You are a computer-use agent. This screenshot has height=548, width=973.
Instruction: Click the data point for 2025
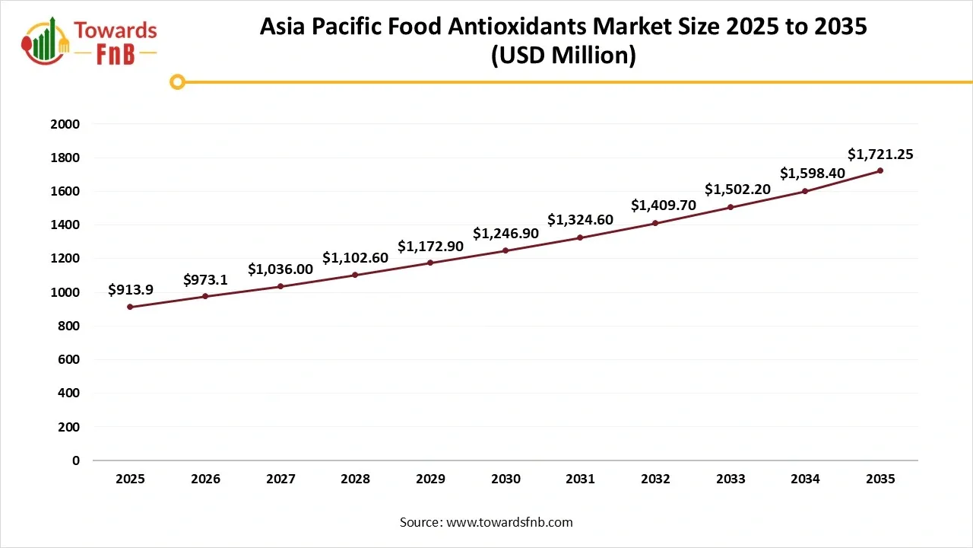[x=130, y=307]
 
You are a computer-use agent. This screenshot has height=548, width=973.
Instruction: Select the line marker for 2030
[x=506, y=250]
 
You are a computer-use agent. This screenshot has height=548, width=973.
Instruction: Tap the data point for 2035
[x=880, y=170]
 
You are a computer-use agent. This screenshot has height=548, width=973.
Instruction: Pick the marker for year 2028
[x=355, y=275]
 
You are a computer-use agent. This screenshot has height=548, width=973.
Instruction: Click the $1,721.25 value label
[x=880, y=155]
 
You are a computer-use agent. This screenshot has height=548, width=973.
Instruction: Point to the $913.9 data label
[x=130, y=289]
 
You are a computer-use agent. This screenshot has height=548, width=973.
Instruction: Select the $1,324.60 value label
[x=580, y=220]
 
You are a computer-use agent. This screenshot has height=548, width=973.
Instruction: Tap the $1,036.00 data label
[x=280, y=269]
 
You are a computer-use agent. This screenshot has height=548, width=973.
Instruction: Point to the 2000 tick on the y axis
[x=65, y=124]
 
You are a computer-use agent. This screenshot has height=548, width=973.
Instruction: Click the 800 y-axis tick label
[x=69, y=326]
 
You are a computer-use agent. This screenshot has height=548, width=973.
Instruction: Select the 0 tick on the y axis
[x=76, y=460]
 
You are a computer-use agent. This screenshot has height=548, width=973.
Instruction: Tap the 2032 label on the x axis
[x=655, y=479]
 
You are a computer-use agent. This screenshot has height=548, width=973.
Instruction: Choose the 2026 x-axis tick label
[x=205, y=479]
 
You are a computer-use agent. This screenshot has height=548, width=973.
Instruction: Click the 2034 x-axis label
[x=805, y=479]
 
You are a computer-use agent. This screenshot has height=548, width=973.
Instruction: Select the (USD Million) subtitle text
[x=563, y=56]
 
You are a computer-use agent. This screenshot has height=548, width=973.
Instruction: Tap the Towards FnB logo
[x=90, y=41]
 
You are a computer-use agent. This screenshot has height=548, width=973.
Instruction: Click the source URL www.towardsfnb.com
[x=509, y=522]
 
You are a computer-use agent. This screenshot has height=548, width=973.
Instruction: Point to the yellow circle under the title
[x=177, y=81]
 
